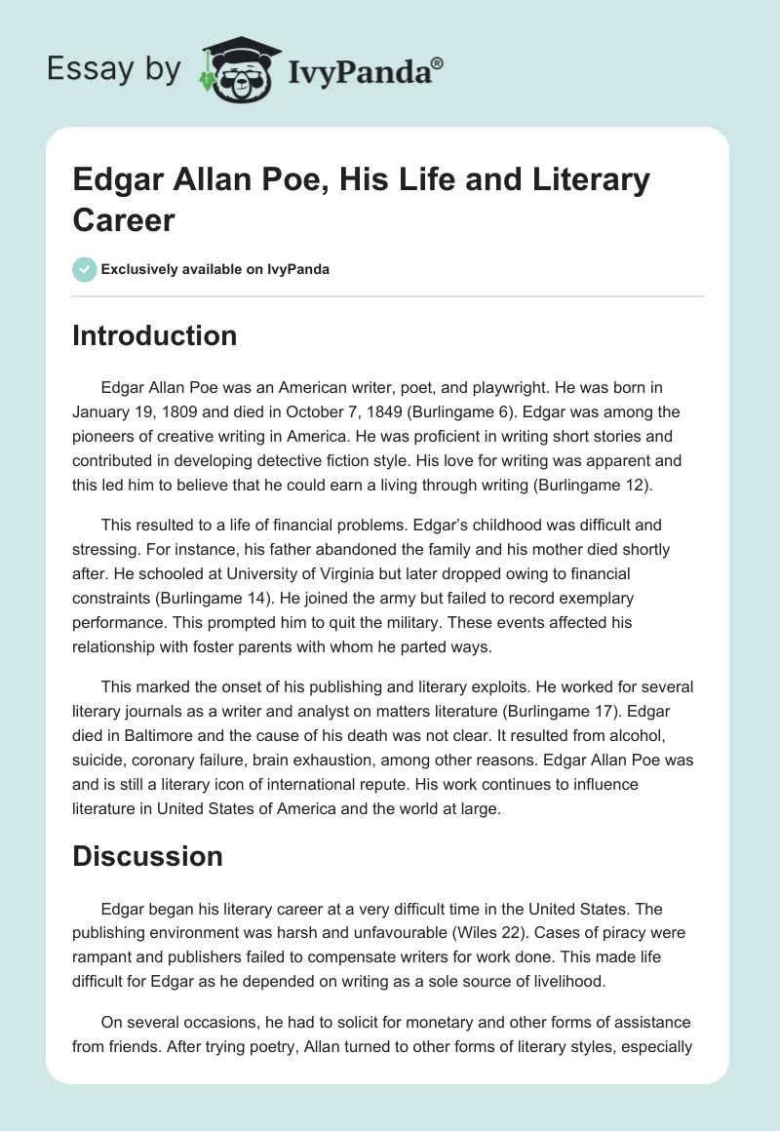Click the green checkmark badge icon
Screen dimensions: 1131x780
(x=85, y=269)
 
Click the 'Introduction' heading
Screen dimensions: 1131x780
(x=155, y=335)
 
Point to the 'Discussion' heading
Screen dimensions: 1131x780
(x=148, y=856)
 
